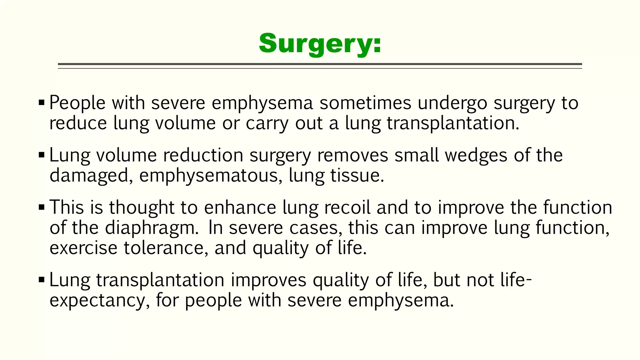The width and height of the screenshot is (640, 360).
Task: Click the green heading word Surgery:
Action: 320,44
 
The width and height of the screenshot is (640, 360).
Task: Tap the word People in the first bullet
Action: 77,103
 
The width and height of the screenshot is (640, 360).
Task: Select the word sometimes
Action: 365,103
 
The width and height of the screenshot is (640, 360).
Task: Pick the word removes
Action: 352,155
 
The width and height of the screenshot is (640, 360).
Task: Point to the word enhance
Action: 240,207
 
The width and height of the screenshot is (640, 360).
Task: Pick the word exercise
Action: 83,248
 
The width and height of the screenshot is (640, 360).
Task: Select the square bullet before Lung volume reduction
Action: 42,155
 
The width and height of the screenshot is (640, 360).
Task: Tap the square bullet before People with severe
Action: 42,102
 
